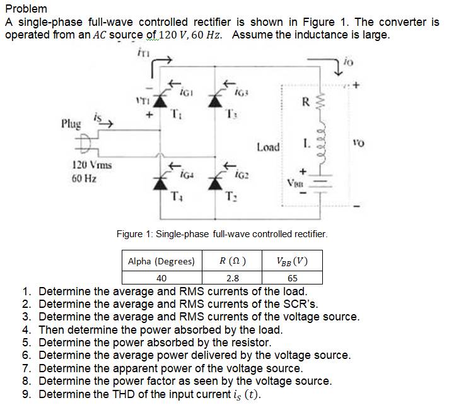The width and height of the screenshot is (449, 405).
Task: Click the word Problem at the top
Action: point(26,8)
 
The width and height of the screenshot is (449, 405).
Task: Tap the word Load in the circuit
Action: point(268,147)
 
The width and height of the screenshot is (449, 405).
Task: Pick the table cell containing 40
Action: point(161,278)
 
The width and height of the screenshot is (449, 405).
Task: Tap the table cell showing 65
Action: point(292,278)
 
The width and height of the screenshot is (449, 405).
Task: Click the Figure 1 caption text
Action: point(222,234)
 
